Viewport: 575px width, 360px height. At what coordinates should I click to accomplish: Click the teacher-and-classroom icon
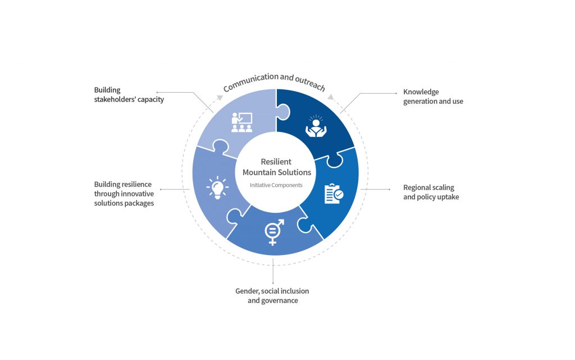coord(241,122)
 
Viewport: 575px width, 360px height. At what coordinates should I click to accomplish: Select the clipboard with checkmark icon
coord(333,193)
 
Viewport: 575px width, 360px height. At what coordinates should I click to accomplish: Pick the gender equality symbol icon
coord(273,231)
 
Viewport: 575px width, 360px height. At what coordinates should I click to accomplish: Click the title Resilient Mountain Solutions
coord(276,167)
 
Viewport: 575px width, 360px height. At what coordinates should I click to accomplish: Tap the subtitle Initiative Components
coord(276,185)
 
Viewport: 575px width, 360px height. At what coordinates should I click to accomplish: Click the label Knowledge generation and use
coord(433,97)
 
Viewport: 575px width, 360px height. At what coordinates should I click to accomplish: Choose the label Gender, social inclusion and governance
coord(272,296)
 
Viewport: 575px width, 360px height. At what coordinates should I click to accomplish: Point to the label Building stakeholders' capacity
coord(129,95)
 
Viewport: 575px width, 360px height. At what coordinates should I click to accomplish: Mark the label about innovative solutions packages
coord(124,194)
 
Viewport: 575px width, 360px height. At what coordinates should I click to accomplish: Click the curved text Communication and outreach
coord(274,82)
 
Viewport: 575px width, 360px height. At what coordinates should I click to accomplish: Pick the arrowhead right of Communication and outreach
coord(331,97)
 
